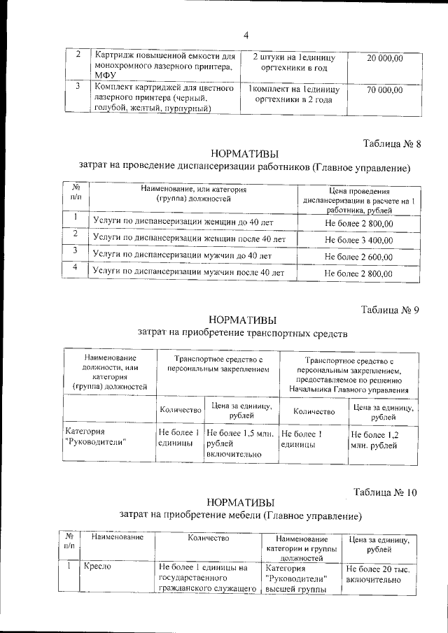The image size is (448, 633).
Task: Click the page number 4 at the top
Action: coord(246,36)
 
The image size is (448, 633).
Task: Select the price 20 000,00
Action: coord(384,59)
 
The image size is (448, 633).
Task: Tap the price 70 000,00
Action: coord(384,90)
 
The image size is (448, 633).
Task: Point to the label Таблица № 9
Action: coord(390,310)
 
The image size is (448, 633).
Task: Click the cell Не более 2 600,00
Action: coord(358,257)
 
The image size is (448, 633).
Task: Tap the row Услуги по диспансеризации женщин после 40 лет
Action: coord(189,239)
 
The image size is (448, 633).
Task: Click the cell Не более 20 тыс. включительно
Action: coord(378,575)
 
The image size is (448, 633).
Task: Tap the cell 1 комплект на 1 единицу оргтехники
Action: coord(293,95)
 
